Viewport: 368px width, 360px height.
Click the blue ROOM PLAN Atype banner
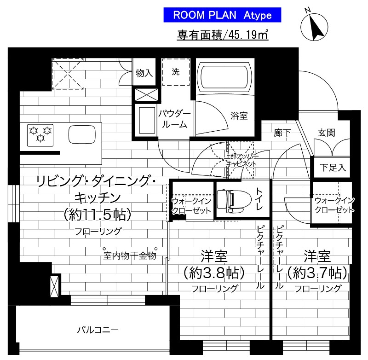(x=222, y=15)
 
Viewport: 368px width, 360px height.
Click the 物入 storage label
(x=144, y=73)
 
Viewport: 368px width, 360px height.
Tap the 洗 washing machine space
(x=176, y=72)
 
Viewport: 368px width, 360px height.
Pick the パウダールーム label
(x=175, y=119)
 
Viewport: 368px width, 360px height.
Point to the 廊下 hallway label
(x=282, y=133)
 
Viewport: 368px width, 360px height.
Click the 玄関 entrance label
(x=326, y=133)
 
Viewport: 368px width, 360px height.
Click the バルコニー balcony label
(x=98, y=330)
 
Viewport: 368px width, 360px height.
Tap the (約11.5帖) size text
(x=98, y=214)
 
